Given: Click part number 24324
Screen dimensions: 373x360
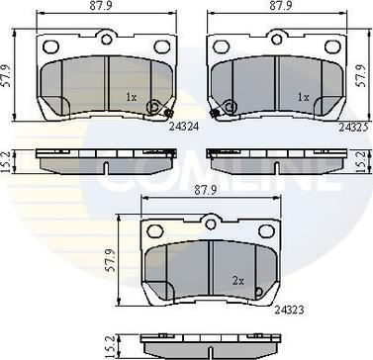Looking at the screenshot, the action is [184, 127].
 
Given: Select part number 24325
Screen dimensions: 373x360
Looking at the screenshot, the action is [354, 128].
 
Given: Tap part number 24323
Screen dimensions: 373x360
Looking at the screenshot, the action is [289, 311].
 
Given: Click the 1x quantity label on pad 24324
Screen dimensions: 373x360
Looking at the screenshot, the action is [131, 97].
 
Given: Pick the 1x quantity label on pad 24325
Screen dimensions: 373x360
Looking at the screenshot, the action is [303, 97].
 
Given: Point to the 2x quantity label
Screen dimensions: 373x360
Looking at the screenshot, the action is [238, 281].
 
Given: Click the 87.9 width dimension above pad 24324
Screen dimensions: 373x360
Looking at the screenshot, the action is [107, 6].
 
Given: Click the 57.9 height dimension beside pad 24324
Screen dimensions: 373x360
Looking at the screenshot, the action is [6, 75].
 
